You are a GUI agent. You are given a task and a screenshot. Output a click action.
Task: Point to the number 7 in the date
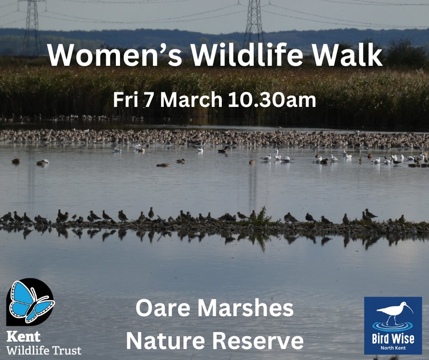pos(149,101)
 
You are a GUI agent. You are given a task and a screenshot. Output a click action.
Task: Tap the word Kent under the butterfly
pos(23,337)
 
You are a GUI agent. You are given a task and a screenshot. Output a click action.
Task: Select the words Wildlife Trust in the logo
pos(44,351)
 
